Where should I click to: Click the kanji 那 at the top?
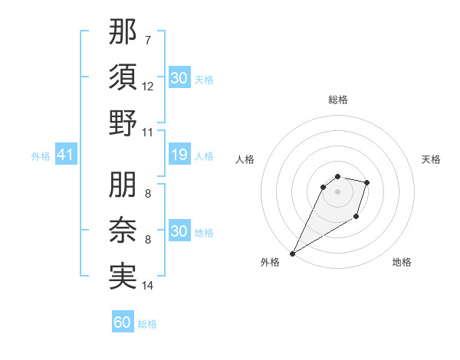(x=123, y=33)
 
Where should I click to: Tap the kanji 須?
(x=123, y=77)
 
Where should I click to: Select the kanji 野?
(x=123, y=123)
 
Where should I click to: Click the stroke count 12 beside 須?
(x=148, y=87)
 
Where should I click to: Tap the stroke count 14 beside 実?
(x=148, y=286)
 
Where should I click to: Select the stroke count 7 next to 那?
(x=147, y=40)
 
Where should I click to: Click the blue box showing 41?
(x=65, y=155)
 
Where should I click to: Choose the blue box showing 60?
(x=123, y=322)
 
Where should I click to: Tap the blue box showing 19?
(x=179, y=155)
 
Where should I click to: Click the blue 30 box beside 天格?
(x=179, y=78)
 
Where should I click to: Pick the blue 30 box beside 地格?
(x=179, y=231)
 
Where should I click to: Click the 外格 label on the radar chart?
(x=270, y=262)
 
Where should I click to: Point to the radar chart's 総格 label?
(x=337, y=100)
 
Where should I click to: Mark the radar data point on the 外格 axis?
(x=292, y=254)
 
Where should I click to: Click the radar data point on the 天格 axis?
(x=367, y=182)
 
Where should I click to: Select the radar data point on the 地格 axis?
(x=356, y=218)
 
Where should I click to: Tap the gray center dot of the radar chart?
(x=337, y=202)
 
